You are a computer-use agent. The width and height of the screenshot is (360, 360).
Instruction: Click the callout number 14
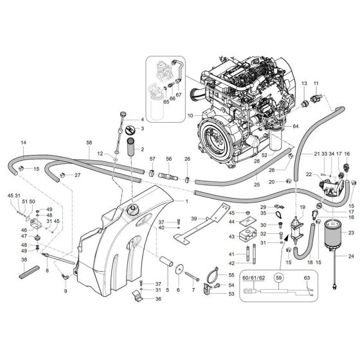click(x=24, y=142)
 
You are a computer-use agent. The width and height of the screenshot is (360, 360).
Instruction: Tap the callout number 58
click(x=89, y=142)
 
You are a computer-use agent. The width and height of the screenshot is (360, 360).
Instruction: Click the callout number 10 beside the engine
click(x=190, y=116)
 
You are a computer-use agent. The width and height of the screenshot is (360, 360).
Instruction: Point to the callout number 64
click(x=316, y=84)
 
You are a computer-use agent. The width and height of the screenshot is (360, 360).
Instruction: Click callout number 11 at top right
click(x=316, y=84)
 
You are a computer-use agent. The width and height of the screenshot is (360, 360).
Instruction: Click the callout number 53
click(x=231, y=294)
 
